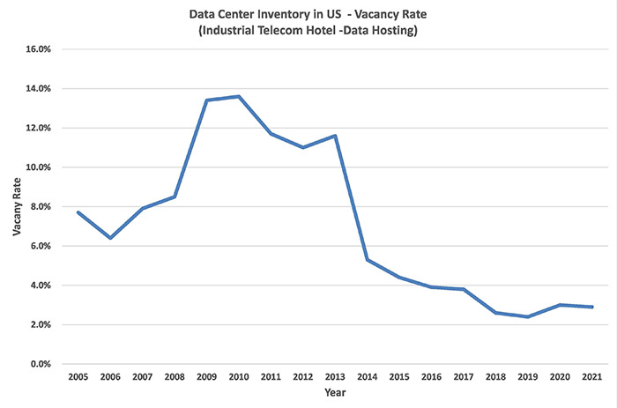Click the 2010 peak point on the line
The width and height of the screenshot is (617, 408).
point(239,96)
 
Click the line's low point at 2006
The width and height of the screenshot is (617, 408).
point(110,238)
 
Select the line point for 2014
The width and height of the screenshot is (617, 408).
point(368,260)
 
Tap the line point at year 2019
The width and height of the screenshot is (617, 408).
point(528,316)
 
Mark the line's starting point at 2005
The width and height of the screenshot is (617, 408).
point(78,212)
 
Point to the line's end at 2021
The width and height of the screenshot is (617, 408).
point(592,307)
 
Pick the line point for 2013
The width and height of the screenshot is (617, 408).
point(336,136)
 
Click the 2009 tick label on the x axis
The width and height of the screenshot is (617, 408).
point(206,377)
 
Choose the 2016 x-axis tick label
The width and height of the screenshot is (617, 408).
point(432,377)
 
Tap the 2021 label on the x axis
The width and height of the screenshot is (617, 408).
point(592,377)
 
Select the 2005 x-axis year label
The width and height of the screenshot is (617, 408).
point(78,377)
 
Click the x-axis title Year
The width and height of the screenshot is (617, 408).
point(335,393)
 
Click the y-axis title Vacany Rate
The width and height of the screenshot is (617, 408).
point(16,207)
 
